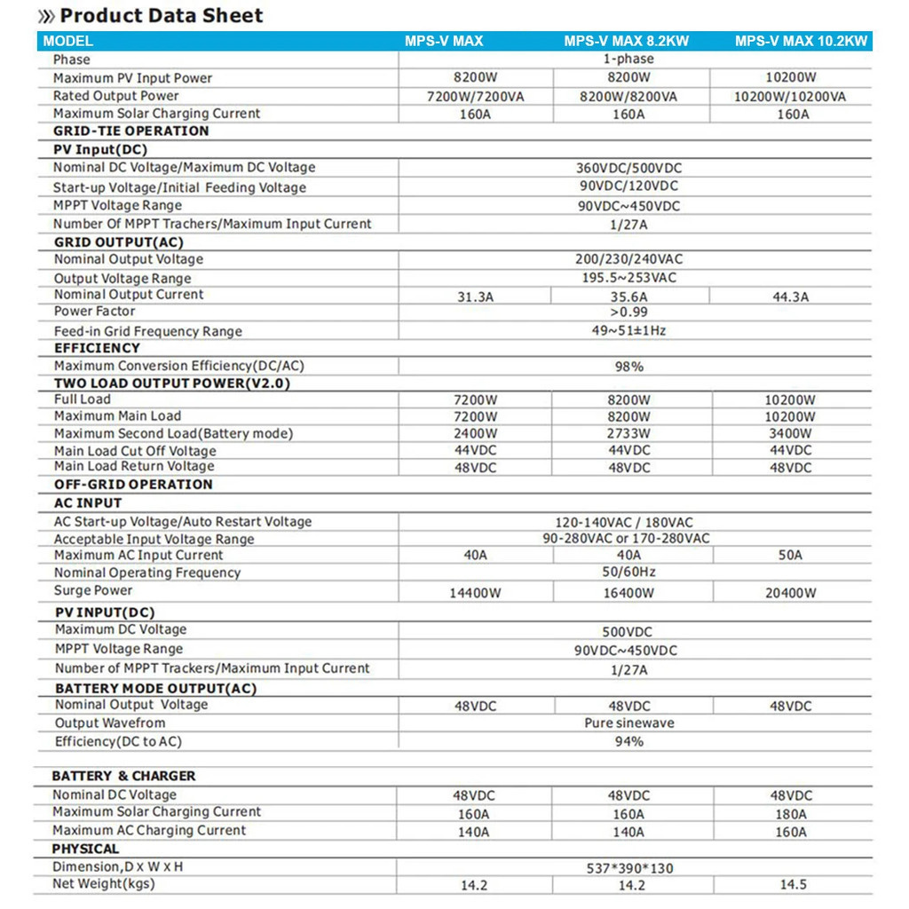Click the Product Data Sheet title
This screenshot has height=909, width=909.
click(161, 15)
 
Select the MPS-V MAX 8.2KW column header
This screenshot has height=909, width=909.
click(626, 41)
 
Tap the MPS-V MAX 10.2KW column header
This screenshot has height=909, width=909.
click(801, 41)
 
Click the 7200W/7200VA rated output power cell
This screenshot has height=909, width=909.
click(475, 96)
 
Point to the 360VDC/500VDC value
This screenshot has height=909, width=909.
click(628, 168)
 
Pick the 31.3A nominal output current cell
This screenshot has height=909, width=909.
click(475, 297)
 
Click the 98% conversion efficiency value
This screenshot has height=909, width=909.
click(628, 367)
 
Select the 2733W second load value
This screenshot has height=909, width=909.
click(628, 434)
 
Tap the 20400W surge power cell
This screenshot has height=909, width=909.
click(790, 593)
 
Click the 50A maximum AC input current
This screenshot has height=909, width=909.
click(790, 556)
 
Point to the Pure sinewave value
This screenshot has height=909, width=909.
click(628, 723)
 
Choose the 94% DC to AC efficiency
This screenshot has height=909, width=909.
click(628, 741)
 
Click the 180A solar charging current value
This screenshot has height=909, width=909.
click(790, 814)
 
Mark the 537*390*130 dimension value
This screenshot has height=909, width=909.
click(628, 868)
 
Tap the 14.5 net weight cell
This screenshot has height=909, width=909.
click(792, 885)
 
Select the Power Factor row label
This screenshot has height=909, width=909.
click(94, 312)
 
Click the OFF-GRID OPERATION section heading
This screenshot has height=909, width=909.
click(133, 485)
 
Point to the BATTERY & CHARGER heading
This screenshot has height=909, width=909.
click(123, 776)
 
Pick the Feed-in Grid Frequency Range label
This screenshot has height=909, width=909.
click(147, 331)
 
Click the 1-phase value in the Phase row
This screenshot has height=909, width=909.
click(628, 59)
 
